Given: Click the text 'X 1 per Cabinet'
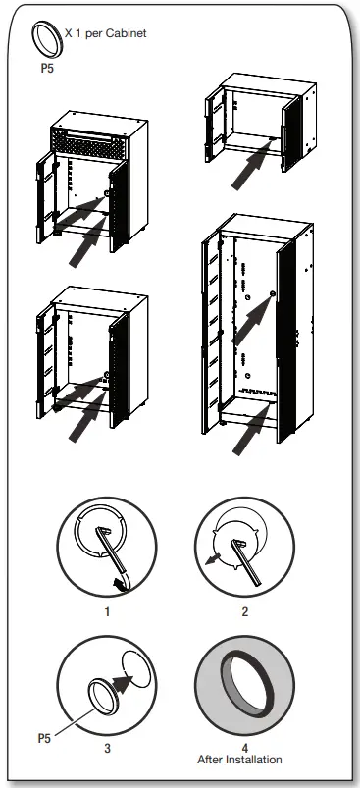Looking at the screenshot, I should tap(104, 33).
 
